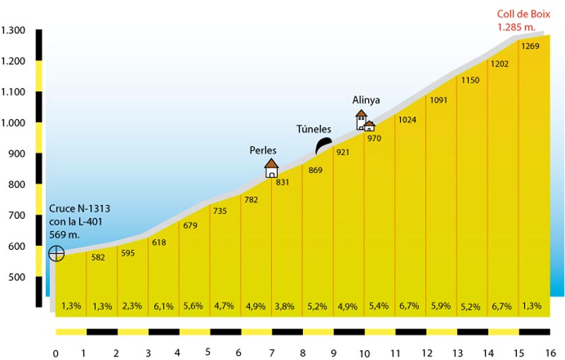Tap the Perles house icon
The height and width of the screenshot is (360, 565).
point(271,168)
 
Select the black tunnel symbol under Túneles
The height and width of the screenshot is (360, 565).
point(323,146)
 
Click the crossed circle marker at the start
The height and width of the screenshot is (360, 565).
point(56,253)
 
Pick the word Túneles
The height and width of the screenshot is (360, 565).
point(313,129)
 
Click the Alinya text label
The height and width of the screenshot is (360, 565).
point(366,100)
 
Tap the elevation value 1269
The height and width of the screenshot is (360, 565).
point(530,47)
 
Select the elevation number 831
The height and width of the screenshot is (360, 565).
point(282,182)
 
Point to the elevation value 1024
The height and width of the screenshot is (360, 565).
point(408,119)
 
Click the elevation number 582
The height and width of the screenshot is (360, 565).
point(98,258)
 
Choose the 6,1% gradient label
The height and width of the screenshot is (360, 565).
point(163,306)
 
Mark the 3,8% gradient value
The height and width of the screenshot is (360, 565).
point(286,306)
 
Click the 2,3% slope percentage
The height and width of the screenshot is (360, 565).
point(132,306)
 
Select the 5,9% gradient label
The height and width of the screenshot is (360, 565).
point(439,306)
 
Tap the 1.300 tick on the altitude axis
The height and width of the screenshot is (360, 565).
point(13,30)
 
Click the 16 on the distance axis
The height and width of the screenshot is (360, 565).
point(552,352)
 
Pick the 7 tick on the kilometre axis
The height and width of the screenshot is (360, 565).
point(272,352)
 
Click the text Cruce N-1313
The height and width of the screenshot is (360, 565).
point(80,209)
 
